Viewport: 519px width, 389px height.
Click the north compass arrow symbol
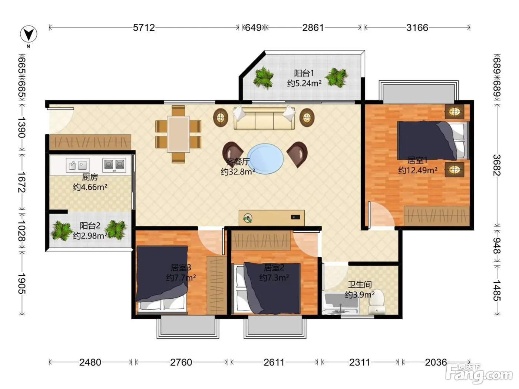29,34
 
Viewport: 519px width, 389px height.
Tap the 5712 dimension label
144,28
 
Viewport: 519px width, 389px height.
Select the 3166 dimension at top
417,28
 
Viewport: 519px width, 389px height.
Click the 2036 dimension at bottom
436,362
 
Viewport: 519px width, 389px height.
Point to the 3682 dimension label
497,165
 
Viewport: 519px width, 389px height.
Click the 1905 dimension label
22,283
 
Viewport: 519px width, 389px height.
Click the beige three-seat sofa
264,118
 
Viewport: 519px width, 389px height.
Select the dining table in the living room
178,134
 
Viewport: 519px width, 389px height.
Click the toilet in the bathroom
376,303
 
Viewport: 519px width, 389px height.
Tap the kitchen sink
77,165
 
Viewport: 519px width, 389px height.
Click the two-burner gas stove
114,165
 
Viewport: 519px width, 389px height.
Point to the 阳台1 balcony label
304,73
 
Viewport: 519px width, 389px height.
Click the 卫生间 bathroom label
360,285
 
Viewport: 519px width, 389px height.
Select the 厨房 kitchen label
90,177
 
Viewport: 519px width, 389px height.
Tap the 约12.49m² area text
417,170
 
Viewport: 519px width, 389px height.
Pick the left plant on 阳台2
62,231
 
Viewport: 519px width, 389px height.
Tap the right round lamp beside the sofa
307,117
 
